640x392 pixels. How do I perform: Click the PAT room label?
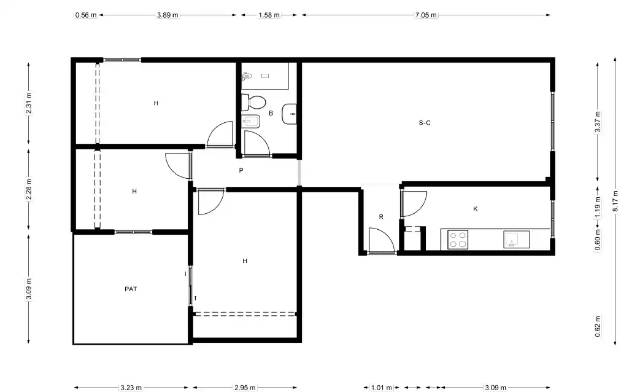pyautogui.click(x=131, y=289)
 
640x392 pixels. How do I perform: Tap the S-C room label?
pyautogui.click(x=425, y=123)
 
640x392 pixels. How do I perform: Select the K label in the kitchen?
pyautogui.click(x=475, y=209)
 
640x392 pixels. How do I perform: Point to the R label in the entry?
pyautogui.click(x=381, y=217)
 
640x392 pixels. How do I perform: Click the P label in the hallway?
pyautogui.click(x=241, y=170)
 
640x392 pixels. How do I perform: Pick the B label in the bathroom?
pyautogui.click(x=271, y=113)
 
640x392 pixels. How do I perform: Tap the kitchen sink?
pyautogui.click(x=516, y=240)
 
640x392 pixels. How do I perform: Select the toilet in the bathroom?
pyautogui.click(x=253, y=102)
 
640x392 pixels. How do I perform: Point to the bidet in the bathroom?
pyautogui.click(x=250, y=122)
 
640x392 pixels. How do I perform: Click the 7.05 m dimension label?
pyautogui.click(x=426, y=15)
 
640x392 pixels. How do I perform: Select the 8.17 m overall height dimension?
pyautogui.click(x=615, y=201)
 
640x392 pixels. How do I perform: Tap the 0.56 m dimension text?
pyautogui.click(x=86, y=15)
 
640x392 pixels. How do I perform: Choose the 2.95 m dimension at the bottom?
pyautogui.click(x=245, y=388)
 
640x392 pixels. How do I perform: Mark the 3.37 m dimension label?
pyautogui.click(x=598, y=122)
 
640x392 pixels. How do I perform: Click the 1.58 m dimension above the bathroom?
pyautogui.click(x=269, y=15)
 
